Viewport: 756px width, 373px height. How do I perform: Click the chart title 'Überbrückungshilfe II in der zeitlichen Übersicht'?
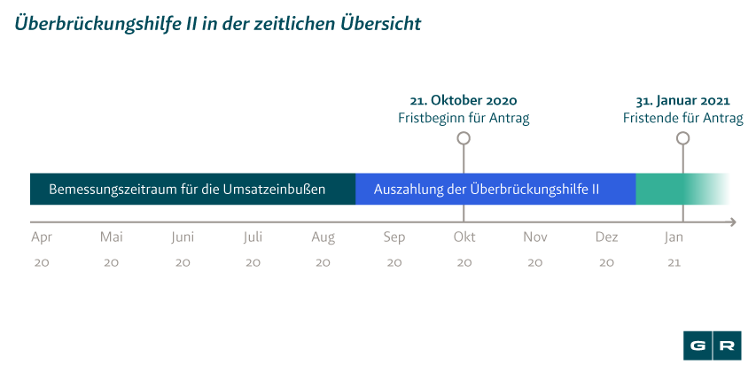[216, 22]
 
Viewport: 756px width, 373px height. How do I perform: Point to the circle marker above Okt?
[464, 138]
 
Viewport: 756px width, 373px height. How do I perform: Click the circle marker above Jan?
[682, 138]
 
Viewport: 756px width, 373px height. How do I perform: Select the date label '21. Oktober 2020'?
[464, 100]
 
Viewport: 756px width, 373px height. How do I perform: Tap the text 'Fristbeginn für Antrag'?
[464, 118]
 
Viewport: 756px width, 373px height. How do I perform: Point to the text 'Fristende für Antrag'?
[682, 118]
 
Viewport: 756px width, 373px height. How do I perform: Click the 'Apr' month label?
[41, 237]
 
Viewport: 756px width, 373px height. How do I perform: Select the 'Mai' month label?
[111, 237]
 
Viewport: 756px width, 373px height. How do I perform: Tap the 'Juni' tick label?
[183, 237]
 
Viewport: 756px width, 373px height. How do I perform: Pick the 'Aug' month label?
[323, 237]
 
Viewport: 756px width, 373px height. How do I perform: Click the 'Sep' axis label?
[394, 237]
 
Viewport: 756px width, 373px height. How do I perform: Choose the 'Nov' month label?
[534, 237]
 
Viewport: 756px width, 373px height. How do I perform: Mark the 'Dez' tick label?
[606, 237]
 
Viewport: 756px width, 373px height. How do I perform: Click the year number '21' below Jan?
[674, 263]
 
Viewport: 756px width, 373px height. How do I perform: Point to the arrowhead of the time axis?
[731, 221]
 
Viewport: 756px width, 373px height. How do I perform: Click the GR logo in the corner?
[713, 346]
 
